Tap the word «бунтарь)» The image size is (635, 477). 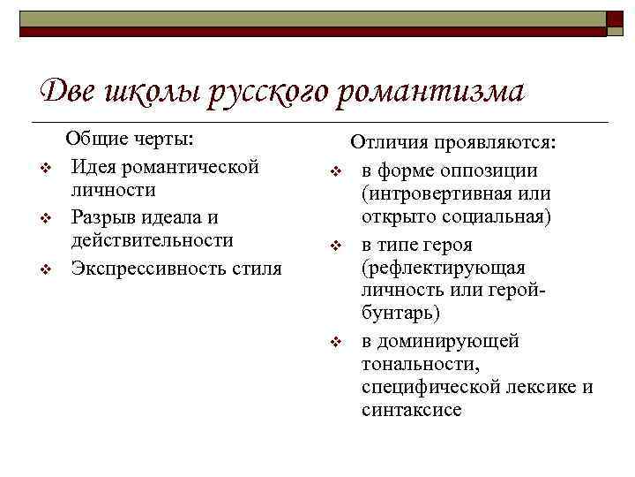click(x=400, y=315)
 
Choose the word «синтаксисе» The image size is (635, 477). click(x=411, y=410)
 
